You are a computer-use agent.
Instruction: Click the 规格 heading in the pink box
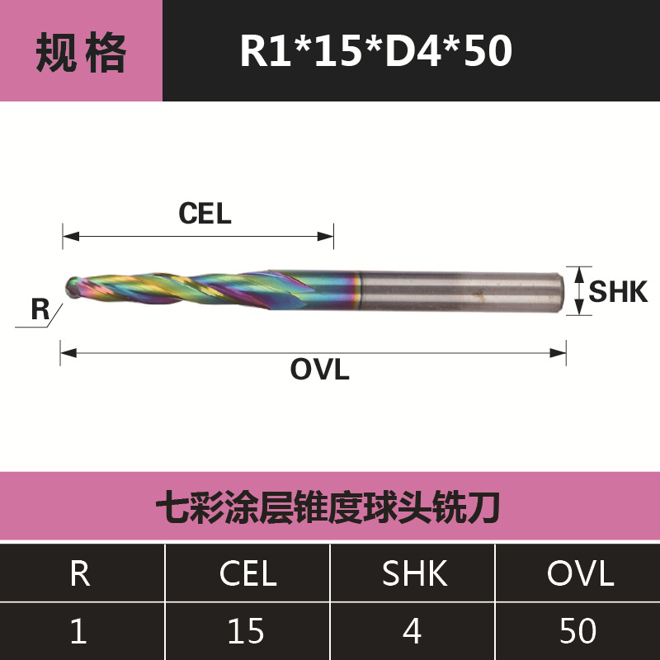[81, 51]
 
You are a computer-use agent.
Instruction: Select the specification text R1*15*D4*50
[375, 51]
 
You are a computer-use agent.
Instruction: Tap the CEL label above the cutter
[205, 214]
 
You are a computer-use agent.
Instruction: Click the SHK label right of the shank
[618, 291]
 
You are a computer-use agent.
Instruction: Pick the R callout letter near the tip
[40, 311]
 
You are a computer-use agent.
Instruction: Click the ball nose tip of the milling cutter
[73, 288]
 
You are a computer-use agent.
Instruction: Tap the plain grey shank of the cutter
[462, 290]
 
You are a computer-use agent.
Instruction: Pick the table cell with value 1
[80, 631]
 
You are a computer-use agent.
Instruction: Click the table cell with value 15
[247, 631]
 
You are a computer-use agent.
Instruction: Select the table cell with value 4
[412, 631]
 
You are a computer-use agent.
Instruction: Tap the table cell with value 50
[578, 631]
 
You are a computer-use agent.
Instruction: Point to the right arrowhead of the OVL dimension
[561, 353]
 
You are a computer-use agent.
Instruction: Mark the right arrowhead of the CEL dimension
[328, 238]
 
